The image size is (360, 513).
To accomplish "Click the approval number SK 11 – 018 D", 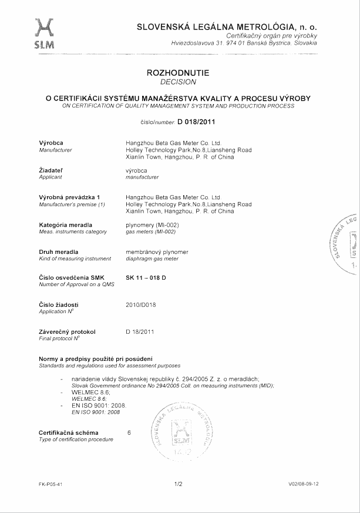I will point(147,277).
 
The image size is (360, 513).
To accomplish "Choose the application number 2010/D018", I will point(142,304).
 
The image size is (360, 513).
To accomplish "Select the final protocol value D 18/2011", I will point(140,332).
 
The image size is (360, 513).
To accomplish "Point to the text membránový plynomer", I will point(157,252).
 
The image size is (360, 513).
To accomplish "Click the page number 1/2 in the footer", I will point(179,484).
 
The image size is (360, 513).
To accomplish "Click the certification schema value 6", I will point(129,432).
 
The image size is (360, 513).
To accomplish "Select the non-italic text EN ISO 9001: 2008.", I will point(98,405).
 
